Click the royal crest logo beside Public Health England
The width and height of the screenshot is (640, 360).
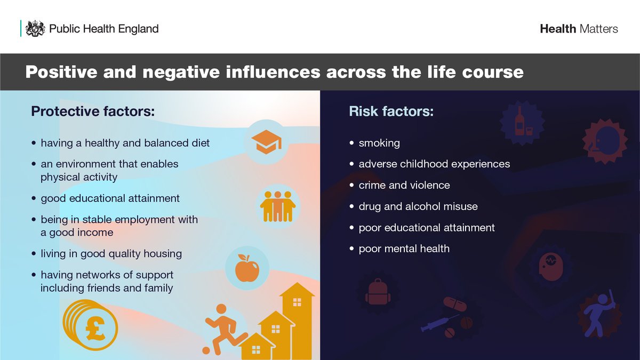click(x=35, y=28)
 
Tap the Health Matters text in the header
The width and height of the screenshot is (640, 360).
click(x=579, y=29)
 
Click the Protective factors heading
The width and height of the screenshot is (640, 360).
click(x=93, y=111)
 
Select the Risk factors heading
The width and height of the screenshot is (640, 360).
click(x=391, y=111)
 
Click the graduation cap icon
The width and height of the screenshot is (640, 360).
click(x=266, y=142)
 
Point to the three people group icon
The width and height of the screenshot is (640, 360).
click(x=277, y=206)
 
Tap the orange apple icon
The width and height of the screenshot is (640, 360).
click(x=246, y=268)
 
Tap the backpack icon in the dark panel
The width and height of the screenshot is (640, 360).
click(x=378, y=292)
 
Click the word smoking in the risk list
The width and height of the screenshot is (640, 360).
click(x=379, y=143)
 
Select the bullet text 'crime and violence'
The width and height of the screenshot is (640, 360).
click(x=404, y=185)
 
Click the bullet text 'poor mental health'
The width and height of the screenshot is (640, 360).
click(x=404, y=249)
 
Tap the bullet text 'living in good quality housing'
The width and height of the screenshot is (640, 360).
click(x=111, y=254)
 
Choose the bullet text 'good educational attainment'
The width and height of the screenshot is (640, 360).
click(x=110, y=198)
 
